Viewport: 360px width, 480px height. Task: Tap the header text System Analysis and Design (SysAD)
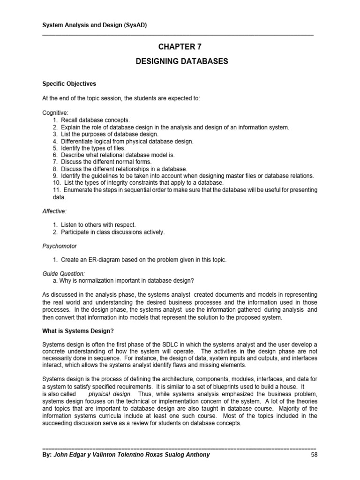pos(94,25)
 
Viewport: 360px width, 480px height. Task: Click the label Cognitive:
pos(56,113)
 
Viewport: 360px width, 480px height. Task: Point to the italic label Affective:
pos(54,211)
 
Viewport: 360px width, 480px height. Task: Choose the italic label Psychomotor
pos(60,246)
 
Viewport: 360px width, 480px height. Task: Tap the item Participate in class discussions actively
pos(112,232)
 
